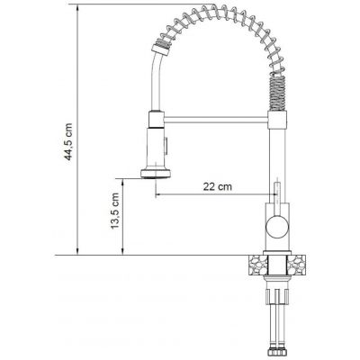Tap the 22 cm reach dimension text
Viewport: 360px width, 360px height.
click(215, 186)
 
